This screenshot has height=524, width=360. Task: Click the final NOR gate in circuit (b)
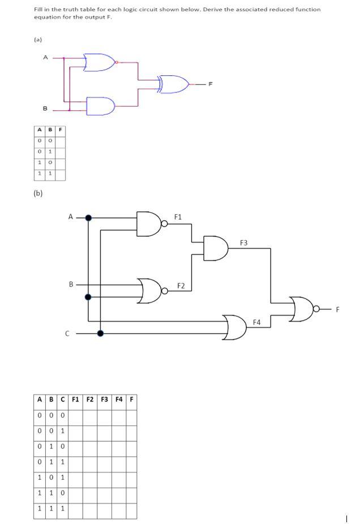[301, 309]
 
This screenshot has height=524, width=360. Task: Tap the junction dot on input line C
[100, 334]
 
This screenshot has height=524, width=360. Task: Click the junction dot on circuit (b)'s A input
[88, 217]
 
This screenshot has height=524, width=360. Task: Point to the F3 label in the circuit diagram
[243, 242]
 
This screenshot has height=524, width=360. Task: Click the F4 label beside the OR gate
[256, 322]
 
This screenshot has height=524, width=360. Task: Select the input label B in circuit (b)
[71, 284]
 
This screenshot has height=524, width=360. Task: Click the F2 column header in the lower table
[89, 398]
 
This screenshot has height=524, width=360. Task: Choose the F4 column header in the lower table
[119, 398]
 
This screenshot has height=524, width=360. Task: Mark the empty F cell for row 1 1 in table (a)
[61, 174]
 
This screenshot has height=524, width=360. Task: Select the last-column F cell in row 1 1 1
[131, 509]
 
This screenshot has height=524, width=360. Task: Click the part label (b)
[38, 193]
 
